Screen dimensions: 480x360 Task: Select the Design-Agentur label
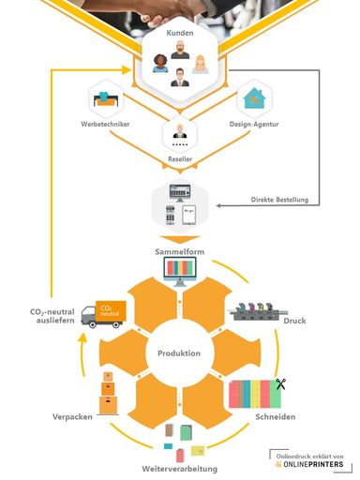point(255,123)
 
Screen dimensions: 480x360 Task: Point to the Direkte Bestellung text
point(282,199)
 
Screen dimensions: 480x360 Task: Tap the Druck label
point(294,322)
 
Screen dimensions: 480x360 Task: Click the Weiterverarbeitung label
point(180,467)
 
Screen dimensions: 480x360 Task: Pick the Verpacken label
point(71,415)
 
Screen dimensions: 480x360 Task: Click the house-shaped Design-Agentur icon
point(255,97)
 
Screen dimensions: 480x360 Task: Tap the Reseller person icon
point(179,134)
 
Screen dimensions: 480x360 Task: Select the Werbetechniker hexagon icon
point(105,97)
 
